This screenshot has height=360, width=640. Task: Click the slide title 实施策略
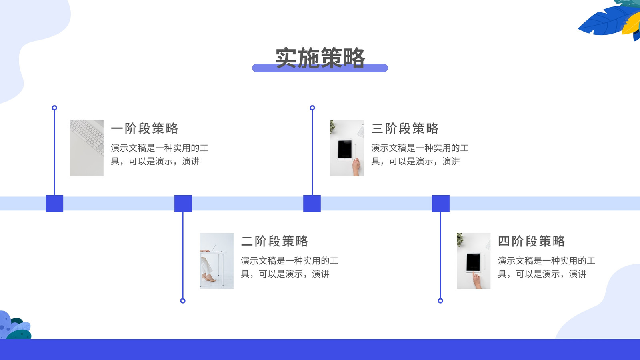pos(320,58)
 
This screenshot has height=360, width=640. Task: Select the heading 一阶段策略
pos(144,128)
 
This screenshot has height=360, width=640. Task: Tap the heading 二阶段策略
pos(274,242)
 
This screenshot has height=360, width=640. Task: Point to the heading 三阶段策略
pos(405,128)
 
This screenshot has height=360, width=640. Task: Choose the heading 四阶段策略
pos(532,242)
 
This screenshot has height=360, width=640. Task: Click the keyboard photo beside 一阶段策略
pos(86,148)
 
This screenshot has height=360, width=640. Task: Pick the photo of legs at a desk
pos(216,261)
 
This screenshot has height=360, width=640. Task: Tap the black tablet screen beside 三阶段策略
pos(345,150)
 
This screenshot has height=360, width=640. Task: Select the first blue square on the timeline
pos(54,204)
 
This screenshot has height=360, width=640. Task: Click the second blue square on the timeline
pos(183,204)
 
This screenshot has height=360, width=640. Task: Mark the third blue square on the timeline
pos(312,204)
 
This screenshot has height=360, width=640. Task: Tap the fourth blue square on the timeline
pos(440,204)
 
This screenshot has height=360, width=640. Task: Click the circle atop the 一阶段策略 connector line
pos(54,108)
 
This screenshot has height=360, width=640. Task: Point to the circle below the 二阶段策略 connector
pos(183,300)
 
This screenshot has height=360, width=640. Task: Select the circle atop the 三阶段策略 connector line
pos(312,108)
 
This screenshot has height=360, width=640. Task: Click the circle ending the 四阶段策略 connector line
pos(440,300)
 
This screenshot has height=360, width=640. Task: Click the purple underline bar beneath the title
pos(320,68)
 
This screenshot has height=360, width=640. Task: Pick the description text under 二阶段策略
pos(290,268)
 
